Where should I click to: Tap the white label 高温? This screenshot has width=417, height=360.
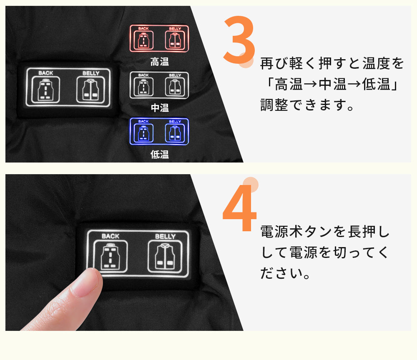coord(160,62)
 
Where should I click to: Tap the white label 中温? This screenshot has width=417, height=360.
coord(160,108)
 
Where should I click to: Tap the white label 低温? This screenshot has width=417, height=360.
coord(160,154)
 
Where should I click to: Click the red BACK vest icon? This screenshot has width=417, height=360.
coord(143,40)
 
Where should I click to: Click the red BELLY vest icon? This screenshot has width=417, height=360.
coord(175,40)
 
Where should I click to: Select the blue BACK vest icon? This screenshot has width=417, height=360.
coord(143,133)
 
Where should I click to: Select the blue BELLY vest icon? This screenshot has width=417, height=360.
coord(175,133)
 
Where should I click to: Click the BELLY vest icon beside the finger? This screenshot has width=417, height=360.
coord(165,256)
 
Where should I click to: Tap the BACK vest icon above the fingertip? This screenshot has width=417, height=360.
coord(111,256)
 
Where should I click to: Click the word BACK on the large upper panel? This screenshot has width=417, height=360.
coord(46,73)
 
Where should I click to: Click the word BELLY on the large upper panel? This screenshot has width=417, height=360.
coord(90,73)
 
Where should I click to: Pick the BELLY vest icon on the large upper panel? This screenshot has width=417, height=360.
coord(90,90)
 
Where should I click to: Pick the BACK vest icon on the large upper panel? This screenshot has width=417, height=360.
coord(46,90)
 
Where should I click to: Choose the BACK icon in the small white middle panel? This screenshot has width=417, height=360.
coord(143,87)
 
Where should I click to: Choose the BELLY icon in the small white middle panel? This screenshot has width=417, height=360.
coord(175,87)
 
